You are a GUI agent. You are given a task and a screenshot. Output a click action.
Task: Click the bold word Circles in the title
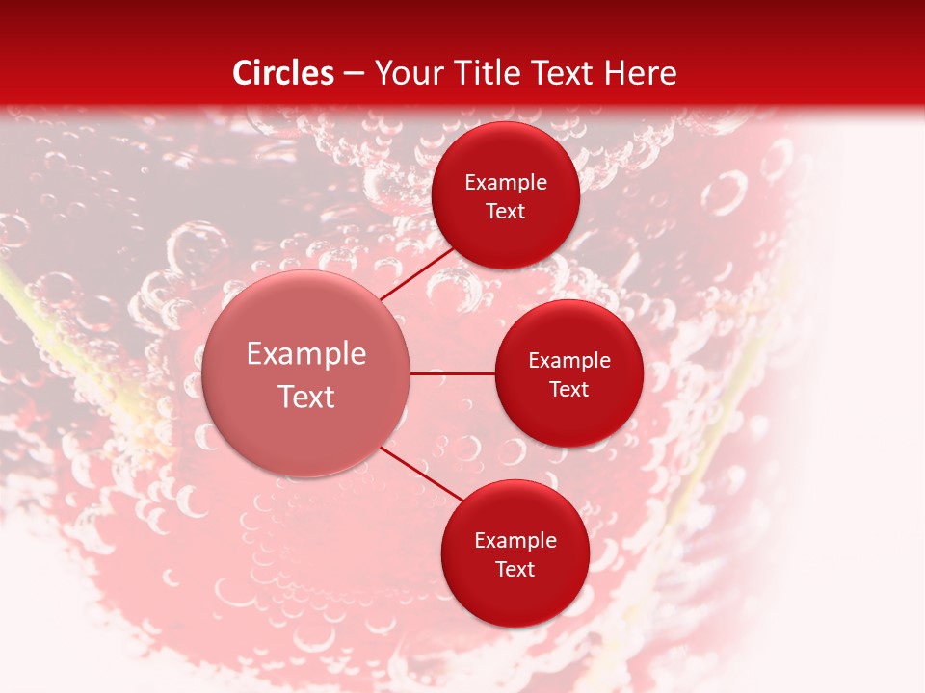(283, 73)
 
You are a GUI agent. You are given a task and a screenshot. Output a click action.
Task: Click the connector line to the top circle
(418, 273)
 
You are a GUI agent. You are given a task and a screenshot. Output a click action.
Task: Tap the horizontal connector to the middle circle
(452, 372)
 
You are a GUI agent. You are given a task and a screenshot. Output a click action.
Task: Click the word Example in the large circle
(306, 354)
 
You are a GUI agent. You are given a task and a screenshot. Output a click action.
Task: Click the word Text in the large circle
(306, 397)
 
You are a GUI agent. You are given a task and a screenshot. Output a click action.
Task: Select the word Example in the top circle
(506, 183)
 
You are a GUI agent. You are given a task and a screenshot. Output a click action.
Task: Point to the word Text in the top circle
(506, 212)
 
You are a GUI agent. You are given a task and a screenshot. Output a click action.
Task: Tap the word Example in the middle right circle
(569, 361)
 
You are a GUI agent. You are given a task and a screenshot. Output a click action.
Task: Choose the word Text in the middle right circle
(569, 390)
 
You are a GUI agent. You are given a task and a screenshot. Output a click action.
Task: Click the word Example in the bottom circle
(515, 541)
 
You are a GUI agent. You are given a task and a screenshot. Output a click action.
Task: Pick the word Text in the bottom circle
(515, 570)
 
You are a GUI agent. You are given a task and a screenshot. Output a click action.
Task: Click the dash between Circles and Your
(354, 74)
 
